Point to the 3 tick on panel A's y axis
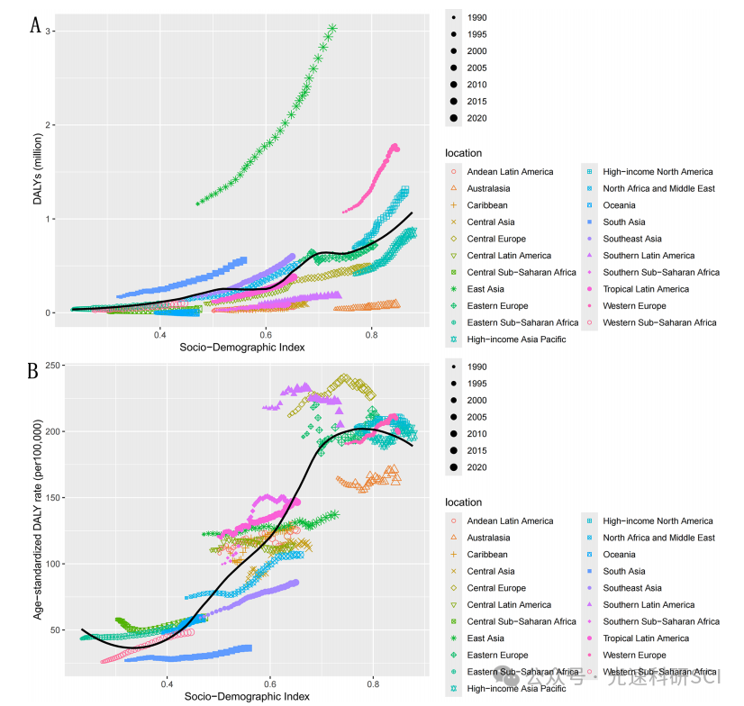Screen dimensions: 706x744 click(x=53, y=32)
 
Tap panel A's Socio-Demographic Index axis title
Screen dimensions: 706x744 click(x=240, y=348)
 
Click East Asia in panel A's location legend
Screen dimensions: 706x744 click(x=491, y=272)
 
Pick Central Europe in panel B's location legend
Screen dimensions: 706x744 click(x=494, y=588)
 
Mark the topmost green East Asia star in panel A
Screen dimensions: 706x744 click(x=332, y=29)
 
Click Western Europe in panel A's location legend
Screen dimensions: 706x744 click(x=634, y=305)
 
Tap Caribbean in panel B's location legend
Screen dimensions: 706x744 click(x=486, y=554)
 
